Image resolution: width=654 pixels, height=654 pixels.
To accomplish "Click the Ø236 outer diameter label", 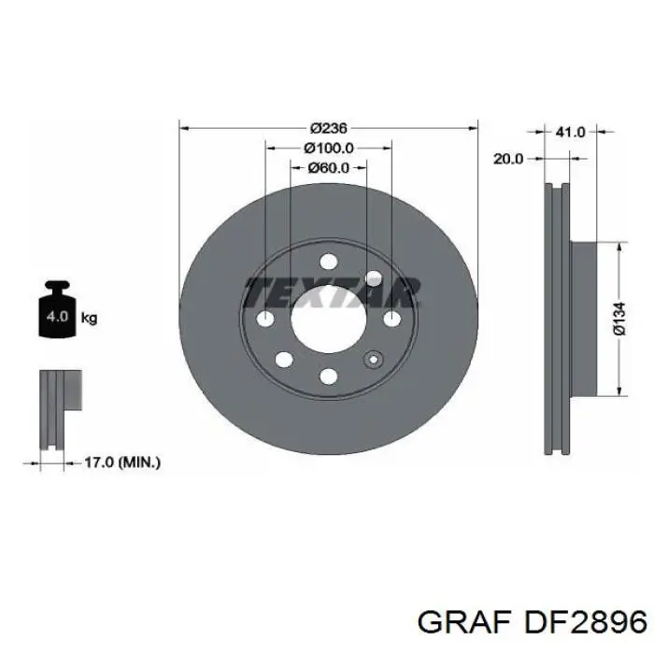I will click(328, 128).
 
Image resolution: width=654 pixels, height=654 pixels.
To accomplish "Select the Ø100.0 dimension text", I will click(328, 148).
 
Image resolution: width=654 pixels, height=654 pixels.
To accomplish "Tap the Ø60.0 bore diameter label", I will click(328, 168).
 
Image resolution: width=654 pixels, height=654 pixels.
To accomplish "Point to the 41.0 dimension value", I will click(570, 133).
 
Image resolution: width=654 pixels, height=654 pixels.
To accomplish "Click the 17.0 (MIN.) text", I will click(121, 461).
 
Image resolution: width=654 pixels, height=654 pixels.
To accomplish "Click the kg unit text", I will click(90, 318).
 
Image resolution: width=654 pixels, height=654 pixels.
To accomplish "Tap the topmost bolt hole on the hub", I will click(328, 263).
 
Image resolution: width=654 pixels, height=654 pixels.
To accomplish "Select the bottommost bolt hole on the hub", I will click(328, 376).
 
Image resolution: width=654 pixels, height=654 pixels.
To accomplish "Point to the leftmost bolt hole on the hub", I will click(265, 320).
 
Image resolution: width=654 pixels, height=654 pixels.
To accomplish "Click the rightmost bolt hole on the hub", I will click(391, 320).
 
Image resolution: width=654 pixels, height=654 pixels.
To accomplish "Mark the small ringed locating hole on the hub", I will click(375, 360).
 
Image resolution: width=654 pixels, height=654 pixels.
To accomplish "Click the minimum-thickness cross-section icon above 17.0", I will click(56, 406).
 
